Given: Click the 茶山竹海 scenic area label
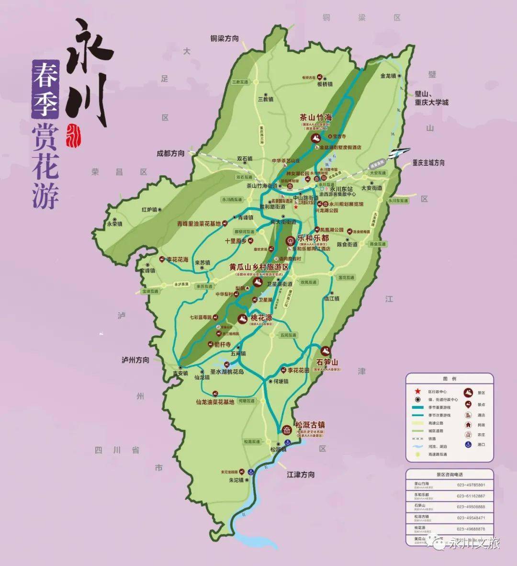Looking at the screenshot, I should click(x=315, y=117).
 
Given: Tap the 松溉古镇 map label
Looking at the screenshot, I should click(x=310, y=425).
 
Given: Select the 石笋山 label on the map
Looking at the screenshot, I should click(x=327, y=362).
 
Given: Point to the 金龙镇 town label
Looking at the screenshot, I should click(x=388, y=76).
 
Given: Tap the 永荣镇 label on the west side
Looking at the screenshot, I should click(x=115, y=224).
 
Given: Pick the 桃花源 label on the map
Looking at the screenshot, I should click(x=261, y=318).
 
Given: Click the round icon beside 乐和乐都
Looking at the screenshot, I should click(x=289, y=241).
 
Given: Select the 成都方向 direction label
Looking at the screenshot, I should click(x=170, y=153).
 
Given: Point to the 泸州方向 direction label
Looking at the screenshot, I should click(x=135, y=360).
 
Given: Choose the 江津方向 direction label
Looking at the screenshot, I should click(x=301, y=475).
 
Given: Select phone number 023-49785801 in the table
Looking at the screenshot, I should click(x=471, y=485).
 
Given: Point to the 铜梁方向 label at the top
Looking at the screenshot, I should click(x=225, y=38).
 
